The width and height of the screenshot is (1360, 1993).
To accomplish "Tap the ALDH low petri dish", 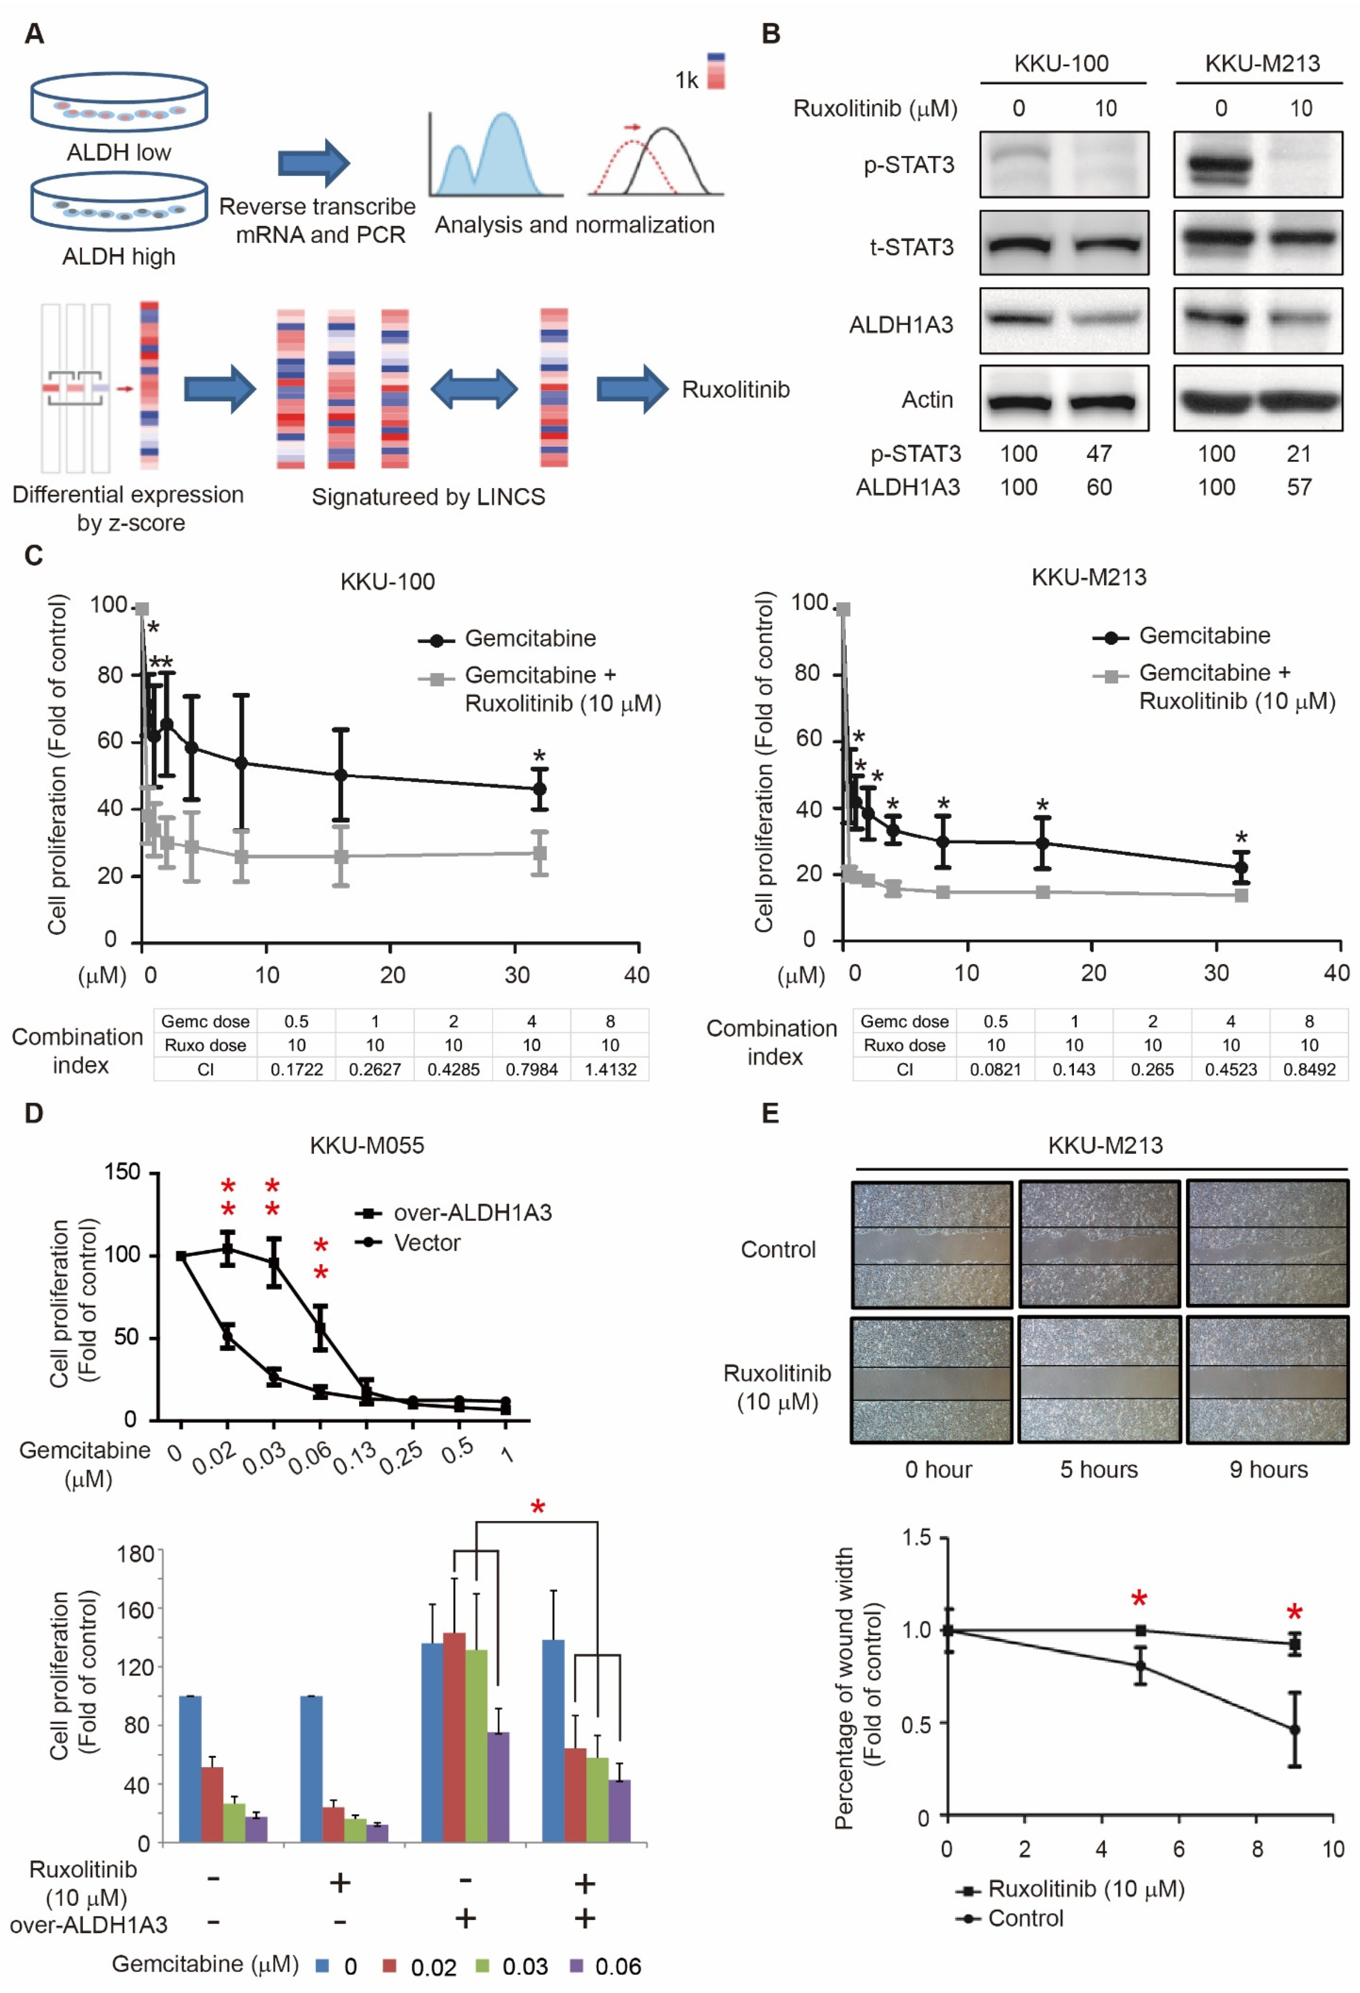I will tap(119, 103).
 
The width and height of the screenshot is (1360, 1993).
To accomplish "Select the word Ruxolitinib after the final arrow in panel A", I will tap(735, 390).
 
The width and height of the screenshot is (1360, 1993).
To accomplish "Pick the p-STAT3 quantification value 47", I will tap(1099, 454).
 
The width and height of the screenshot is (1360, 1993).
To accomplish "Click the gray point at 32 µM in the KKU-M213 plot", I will tap(1241, 895).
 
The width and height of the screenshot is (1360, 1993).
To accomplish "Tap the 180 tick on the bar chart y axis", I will tap(135, 1553).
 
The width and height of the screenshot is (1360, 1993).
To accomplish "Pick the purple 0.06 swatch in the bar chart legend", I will tap(576, 1965).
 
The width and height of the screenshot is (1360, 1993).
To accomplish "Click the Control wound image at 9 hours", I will tap(1266, 1243).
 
